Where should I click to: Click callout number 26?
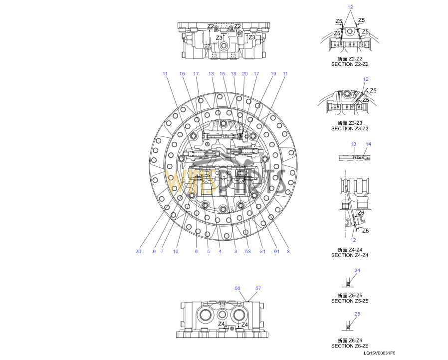(x=138, y=251)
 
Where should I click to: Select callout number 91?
(x=276, y=251)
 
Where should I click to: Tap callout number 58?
(x=248, y=251)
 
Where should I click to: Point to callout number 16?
(x=182, y=73)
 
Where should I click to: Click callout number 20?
(x=245, y=73)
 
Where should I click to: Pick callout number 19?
(x=273, y=73)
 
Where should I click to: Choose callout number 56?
(x=237, y=288)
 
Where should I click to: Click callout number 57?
(x=258, y=288)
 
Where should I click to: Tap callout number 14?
(x=368, y=144)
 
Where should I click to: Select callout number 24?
(x=357, y=270)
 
